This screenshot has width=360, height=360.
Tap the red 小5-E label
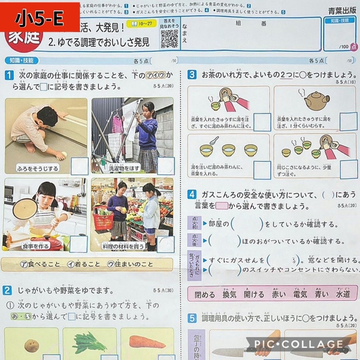coord(40,17)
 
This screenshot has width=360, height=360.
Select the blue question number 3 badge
coord(192,75)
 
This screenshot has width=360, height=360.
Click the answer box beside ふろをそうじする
coord(79,166)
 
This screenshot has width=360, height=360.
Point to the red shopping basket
coord(103,221)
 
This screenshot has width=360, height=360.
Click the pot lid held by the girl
coord(25,209)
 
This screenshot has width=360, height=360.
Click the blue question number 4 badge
coord(192,194)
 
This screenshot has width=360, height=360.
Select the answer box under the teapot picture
coord(348,121)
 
